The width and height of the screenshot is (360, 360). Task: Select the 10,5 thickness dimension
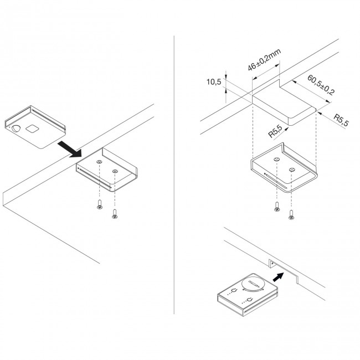[214, 83]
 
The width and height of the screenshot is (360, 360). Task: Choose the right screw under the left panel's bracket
[115, 213]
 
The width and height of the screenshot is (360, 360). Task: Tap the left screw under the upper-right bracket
[276, 208]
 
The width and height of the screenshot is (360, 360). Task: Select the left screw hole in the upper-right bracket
[276, 160]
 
